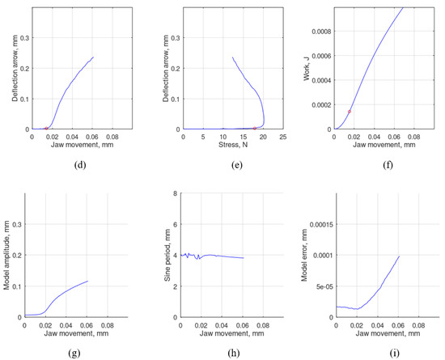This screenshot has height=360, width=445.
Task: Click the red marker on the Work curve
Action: (x=349, y=111)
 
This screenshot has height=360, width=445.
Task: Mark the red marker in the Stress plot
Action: (x=255, y=128)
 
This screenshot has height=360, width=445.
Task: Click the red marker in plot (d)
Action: (x=46, y=128)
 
